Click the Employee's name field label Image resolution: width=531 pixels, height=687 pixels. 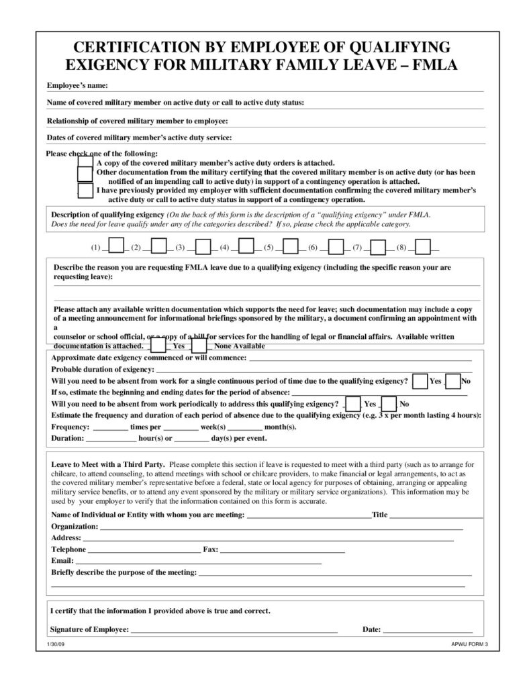[77, 86]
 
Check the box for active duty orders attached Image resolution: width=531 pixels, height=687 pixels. [85, 162]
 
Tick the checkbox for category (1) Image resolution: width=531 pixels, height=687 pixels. [115, 247]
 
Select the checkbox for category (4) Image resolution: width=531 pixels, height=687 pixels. [246, 247]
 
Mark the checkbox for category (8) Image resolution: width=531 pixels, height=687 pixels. [422, 247]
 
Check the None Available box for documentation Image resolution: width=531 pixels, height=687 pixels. [199, 346]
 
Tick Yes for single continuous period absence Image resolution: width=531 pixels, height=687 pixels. [420, 381]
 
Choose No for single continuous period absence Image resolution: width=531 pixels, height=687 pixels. [453, 381]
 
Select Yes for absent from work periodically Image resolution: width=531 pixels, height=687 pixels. [352, 404]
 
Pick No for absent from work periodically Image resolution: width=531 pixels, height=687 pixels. [389, 404]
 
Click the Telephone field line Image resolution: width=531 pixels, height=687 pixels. [144, 549]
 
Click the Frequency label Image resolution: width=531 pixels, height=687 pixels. [70, 427]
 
